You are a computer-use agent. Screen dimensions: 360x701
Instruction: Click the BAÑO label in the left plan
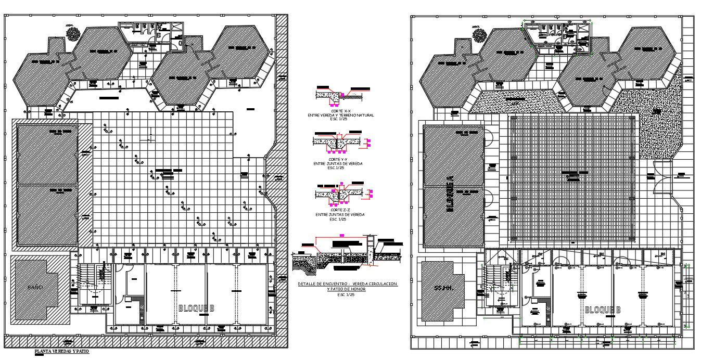tap(35, 287)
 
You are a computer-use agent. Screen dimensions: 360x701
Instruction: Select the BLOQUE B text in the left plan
tap(196, 308)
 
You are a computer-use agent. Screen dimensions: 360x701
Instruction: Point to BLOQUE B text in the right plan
tap(602, 310)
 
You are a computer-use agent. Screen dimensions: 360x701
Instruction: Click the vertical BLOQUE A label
tap(449, 194)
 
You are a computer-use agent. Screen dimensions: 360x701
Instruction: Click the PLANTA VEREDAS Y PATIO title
tap(61, 352)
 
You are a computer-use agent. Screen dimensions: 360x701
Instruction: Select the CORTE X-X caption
tap(340, 111)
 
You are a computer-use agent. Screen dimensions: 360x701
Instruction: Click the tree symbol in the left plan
tap(72, 33)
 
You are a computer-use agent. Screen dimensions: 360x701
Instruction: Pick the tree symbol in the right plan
tap(479, 35)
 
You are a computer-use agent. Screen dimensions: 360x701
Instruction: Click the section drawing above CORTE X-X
tap(340, 96)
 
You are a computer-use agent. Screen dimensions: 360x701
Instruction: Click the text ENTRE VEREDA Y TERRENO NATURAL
tap(340, 115)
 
